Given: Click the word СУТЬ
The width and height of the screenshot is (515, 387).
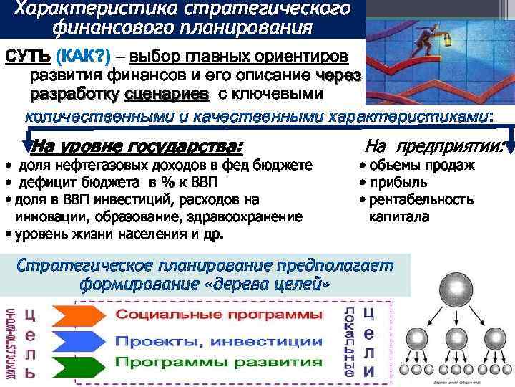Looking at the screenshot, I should pyautogui.click(x=27, y=57).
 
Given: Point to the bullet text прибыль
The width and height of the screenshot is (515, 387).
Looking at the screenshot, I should pyautogui.click(x=396, y=182).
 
